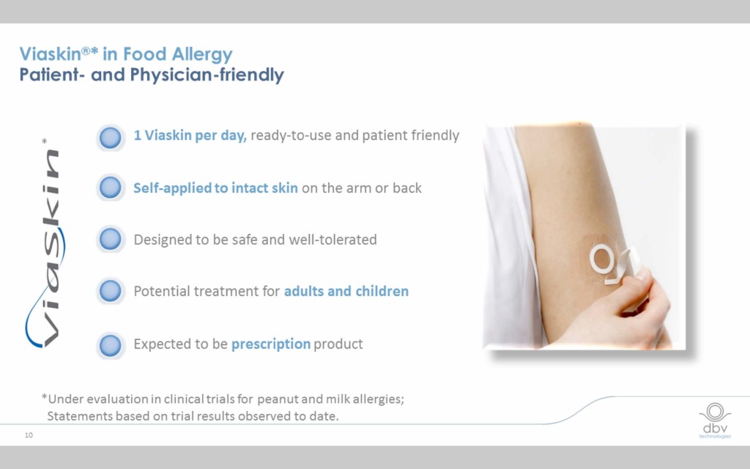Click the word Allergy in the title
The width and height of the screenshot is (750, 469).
202,54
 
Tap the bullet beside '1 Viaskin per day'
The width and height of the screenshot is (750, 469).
110,138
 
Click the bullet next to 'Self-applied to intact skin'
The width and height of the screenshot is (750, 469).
110,187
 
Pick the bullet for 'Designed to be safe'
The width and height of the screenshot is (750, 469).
110,239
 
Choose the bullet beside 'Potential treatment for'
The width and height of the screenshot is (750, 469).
110,290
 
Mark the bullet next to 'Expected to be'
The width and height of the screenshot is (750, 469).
110,345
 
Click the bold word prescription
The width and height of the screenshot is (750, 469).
271,344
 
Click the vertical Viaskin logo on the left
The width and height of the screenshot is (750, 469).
45,243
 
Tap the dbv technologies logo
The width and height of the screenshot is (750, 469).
715,421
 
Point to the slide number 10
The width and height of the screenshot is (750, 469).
29,435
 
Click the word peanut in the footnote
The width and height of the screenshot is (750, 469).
278,399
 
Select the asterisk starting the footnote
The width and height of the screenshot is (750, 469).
44,396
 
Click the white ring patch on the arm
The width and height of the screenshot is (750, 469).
601,259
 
